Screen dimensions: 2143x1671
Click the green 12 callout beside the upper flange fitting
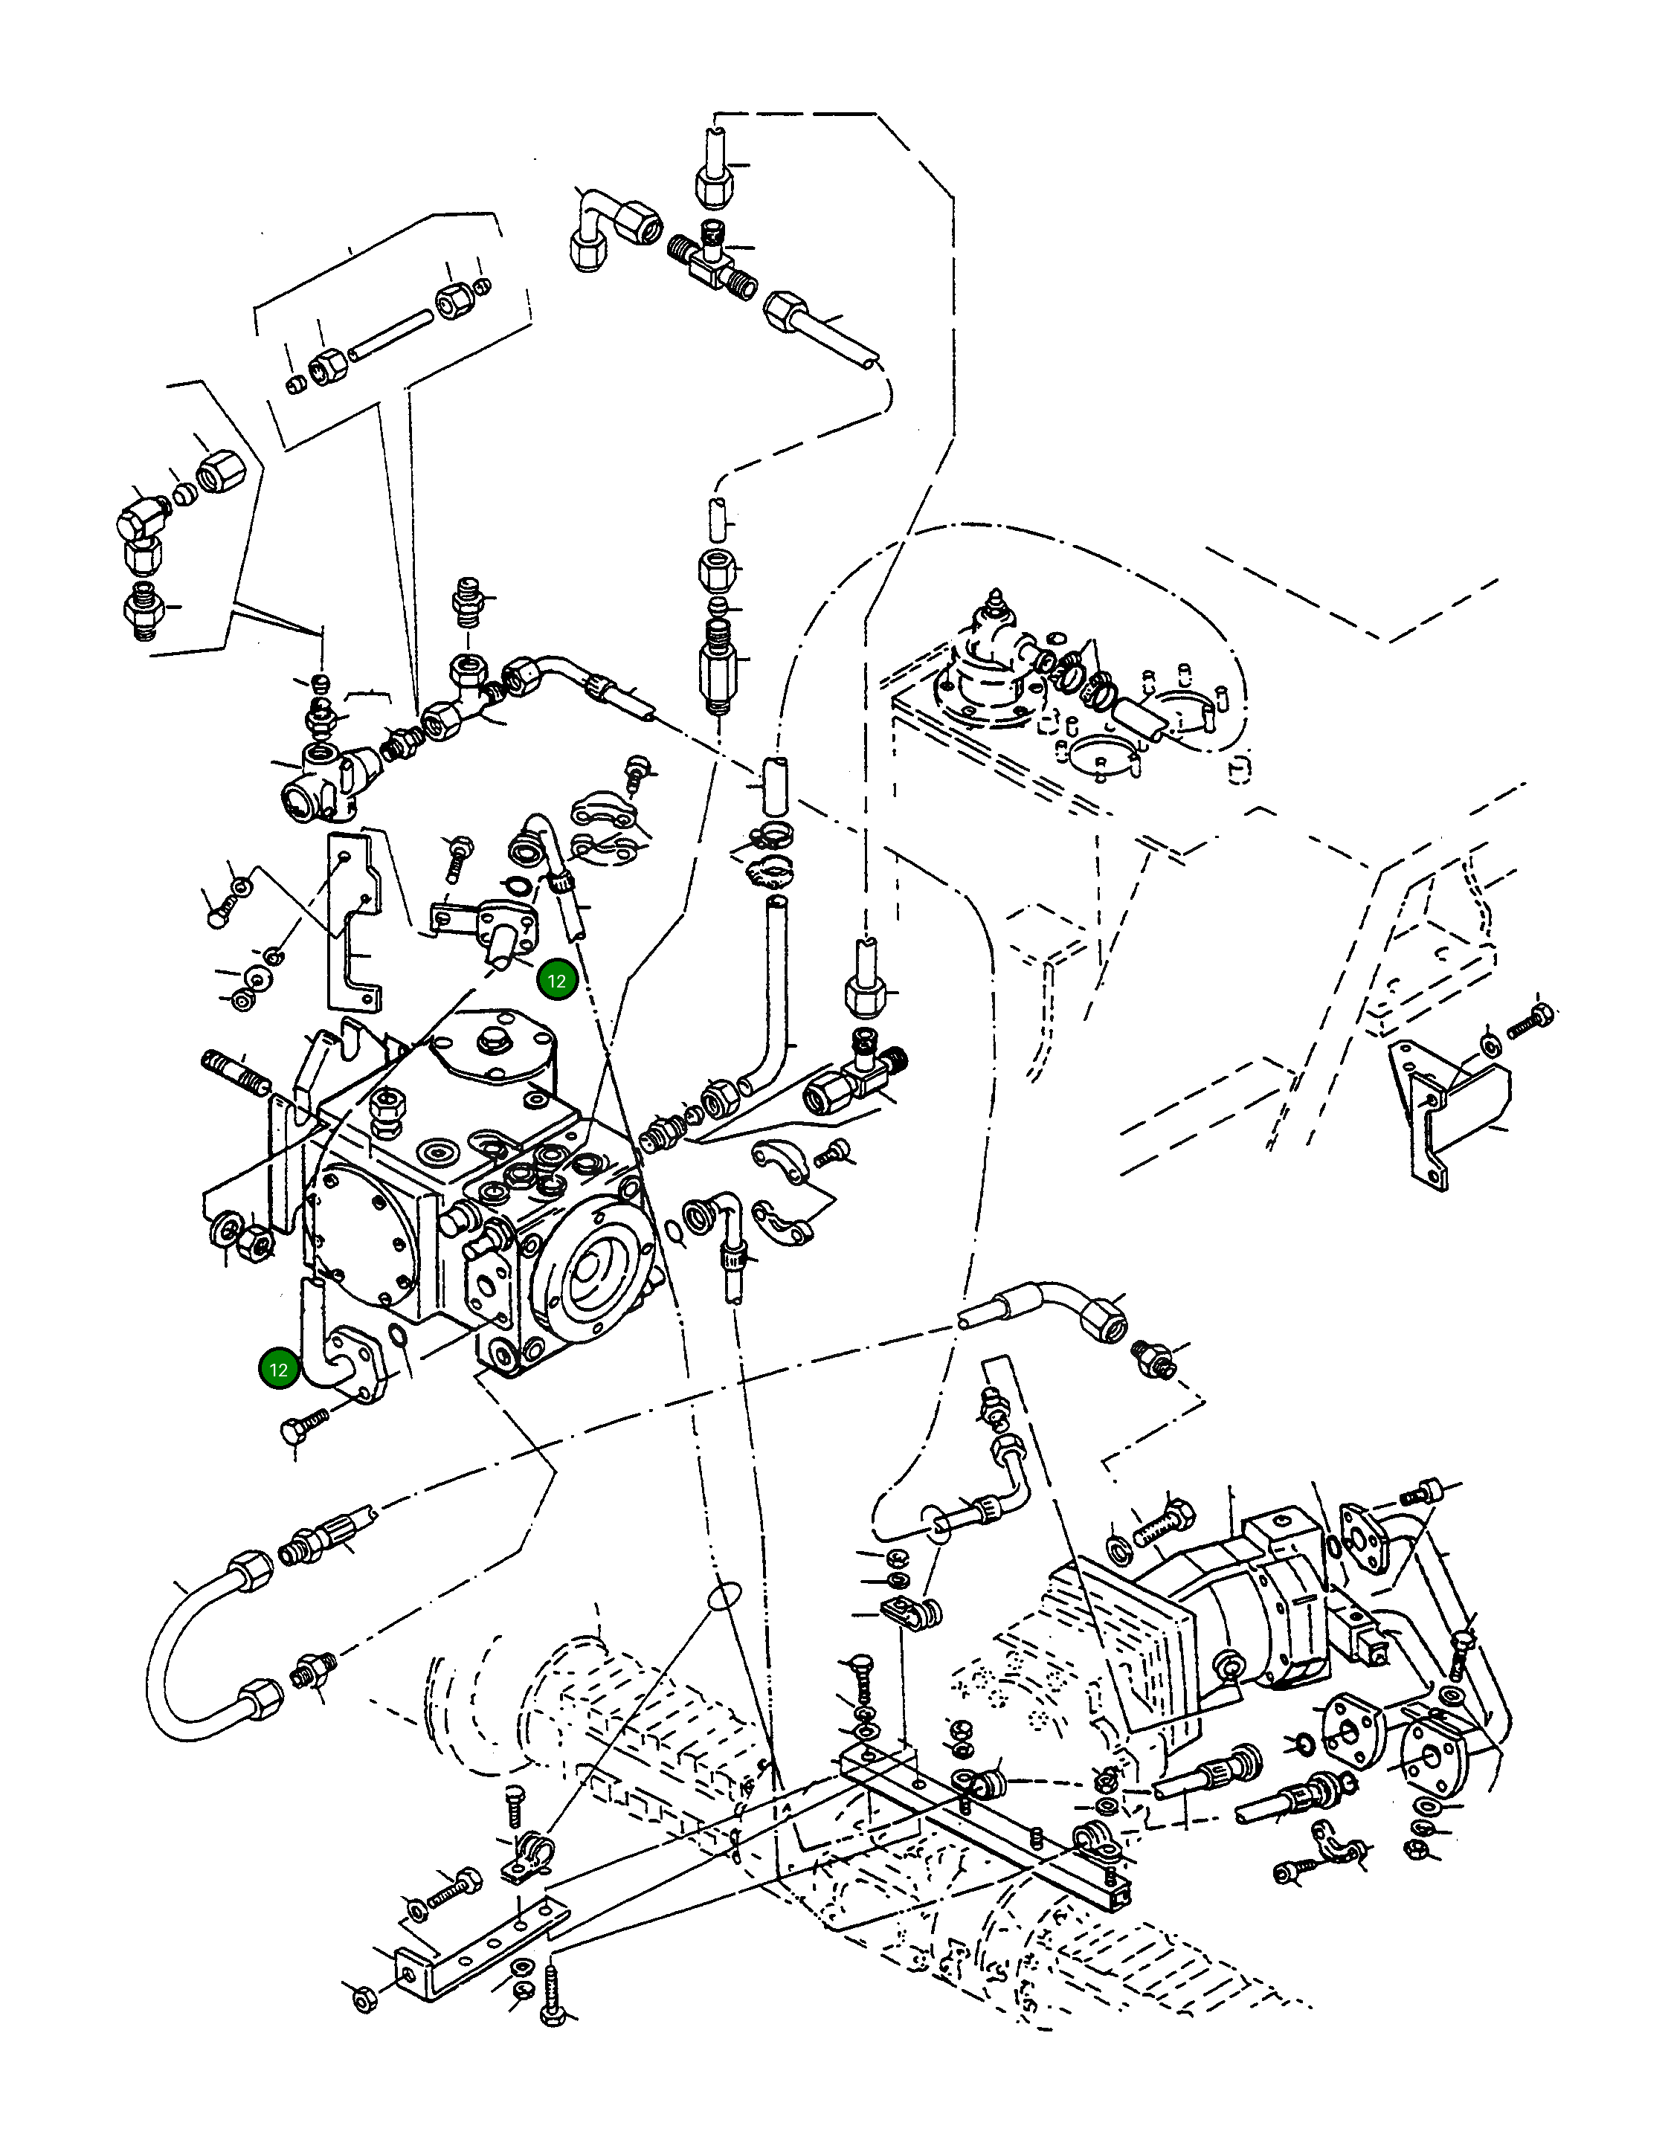tap(557, 980)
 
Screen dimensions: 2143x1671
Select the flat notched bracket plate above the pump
tap(353, 918)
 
